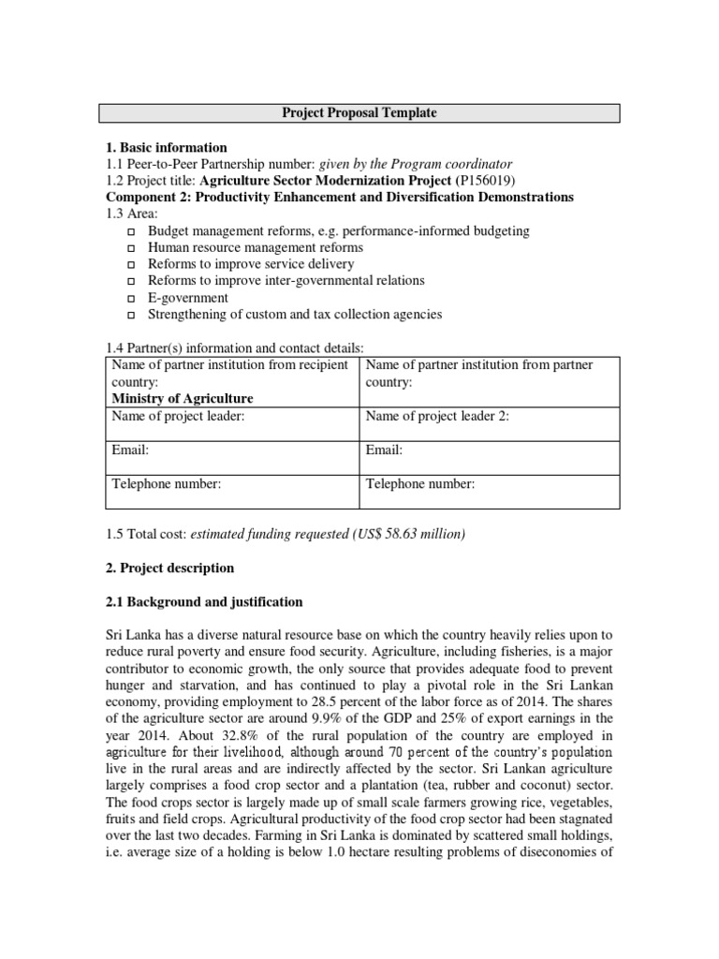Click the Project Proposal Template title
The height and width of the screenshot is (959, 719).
pyautogui.click(x=359, y=113)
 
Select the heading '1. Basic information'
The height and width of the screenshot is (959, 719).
pyautogui.click(x=166, y=147)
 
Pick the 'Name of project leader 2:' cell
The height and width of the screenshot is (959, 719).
pyautogui.click(x=437, y=416)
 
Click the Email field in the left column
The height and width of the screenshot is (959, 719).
pyautogui.click(x=130, y=450)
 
